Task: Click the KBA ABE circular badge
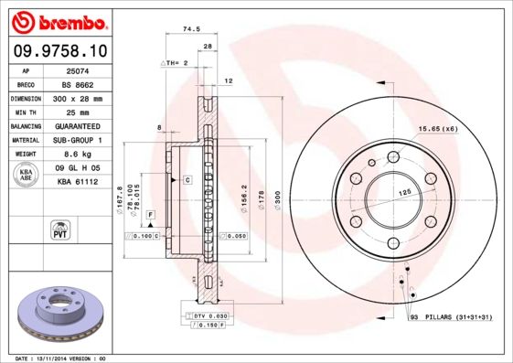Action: (27, 175)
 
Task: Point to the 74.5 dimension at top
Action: (192, 30)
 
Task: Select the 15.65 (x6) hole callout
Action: (437, 128)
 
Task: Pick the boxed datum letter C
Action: (187, 180)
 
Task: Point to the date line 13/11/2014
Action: (64, 358)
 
